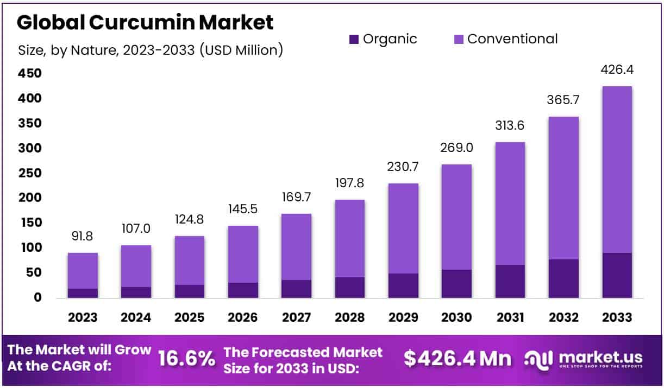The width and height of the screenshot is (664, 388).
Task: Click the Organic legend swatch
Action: pyautogui.click(x=354, y=39)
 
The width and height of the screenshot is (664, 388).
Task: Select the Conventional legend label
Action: pyautogui.click(x=512, y=39)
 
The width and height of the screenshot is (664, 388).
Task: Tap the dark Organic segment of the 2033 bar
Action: pyautogui.click(x=617, y=275)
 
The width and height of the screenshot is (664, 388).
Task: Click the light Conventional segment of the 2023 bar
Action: pyautogui.click(x=83, y=270)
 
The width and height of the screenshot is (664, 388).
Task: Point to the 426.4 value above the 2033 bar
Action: pyautogui.click(x=617, y=70)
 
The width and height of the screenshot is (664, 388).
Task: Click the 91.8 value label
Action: pyautogui.click(x=83, y=237)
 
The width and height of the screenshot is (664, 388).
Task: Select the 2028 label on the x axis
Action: pyautogui.click(x=349, y=317)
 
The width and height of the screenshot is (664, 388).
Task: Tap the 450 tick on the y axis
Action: pyautogui.click(x=29, y=73)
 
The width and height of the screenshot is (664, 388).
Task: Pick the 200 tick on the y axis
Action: pyautogui.click(x=29, y=198)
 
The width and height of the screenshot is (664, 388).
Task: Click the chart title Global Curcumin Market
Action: pyautogui.click(x=146, y=23)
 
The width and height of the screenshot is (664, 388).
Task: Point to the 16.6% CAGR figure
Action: pyautogui.click(x=186, y=359)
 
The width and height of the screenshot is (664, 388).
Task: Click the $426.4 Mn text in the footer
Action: pyautogui.click(x=458, y=359)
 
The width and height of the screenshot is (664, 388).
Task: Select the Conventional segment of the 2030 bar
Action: pyautogui.click(x=456, y=217)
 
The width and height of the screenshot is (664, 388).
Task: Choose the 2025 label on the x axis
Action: pyautogui.click(x=189, y=317)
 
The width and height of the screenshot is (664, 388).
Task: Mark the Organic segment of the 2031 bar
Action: pyautogui.click(x=510, y=281)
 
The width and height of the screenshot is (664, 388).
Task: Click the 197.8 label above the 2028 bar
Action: pyautogui.click(x=349, y=183)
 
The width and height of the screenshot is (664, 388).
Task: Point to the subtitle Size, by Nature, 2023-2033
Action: pyautogui.click(x=151, y=50)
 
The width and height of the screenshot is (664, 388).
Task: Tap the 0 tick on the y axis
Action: pyautogui.click(x=37, y=298)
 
